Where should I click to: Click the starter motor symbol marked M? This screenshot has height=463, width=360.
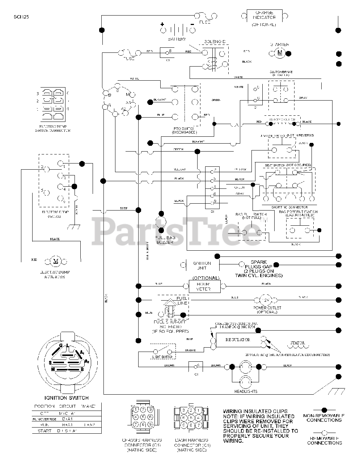click(x=279, y=53)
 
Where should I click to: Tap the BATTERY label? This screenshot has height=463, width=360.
click(x=177, y=39)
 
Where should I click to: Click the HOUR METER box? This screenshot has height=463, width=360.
click(x=204, y=286)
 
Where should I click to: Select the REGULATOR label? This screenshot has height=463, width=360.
click(x=238, y=340)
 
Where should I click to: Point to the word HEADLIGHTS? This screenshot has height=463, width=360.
click(x=246, y=391)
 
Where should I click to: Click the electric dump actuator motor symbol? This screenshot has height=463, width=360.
click(x=56, y=262)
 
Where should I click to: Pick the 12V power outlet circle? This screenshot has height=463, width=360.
click(x=267, y=300)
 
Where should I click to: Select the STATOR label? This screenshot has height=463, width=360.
click(x=297, y=343)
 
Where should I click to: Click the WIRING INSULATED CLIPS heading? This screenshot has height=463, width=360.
click(x=255, y=411)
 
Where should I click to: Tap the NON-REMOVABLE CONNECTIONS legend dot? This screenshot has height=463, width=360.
click(x=324, y=410)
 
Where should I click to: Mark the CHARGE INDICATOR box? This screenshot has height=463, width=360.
click(x=264, y=17)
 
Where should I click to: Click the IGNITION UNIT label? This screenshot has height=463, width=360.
click(x=202, y=266)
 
